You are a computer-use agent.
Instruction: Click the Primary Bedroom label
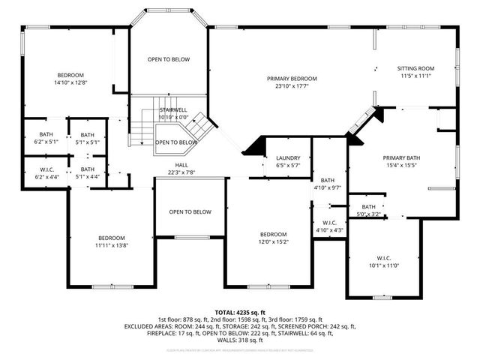(x=292, y=79)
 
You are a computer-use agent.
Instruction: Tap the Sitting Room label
(x=415, y=68)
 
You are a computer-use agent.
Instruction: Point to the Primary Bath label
(x=403, y=157)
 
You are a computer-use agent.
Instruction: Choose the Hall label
(x=181, y=165)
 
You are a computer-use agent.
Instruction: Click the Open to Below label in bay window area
(x=168, y=59)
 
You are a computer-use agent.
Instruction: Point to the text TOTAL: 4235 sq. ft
(x=240, y=311)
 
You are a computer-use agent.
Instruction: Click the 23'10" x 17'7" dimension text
(x=292, y=86)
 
